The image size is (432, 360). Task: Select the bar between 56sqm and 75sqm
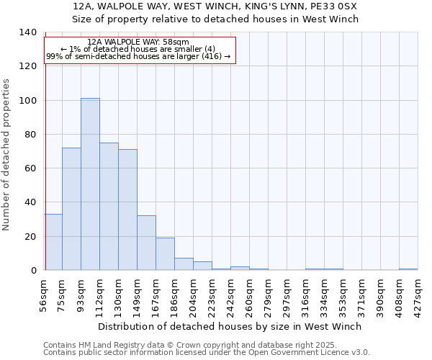point(53,242)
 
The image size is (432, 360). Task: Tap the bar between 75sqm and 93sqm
point(71,209)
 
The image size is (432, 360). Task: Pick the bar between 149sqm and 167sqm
point(146,243)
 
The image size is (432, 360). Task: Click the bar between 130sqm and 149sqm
point(127,210)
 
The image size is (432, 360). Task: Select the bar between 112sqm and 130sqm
point(109,207)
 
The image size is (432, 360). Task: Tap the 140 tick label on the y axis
point(27,32)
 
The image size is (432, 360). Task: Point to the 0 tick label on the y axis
point(33,271)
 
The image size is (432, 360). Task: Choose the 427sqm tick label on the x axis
point(418,295)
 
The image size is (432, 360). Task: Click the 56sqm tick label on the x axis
point(44,294)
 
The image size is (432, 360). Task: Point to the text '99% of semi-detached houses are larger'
point(138,56)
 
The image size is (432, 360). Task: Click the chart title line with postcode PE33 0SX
point(215,6)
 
